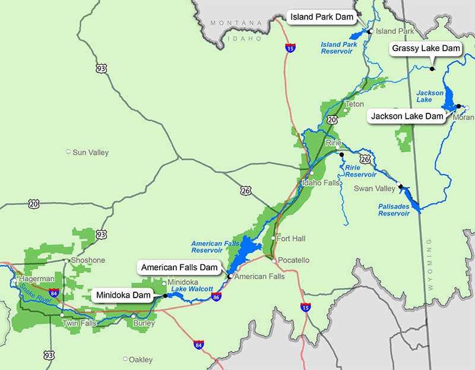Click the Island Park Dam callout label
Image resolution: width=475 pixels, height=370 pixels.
[x=321, y=17]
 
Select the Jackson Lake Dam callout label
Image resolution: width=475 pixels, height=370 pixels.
[x=407, y=116]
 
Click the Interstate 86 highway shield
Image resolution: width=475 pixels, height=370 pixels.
[x=217, y=296]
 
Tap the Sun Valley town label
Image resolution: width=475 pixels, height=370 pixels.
[x=90, y=153]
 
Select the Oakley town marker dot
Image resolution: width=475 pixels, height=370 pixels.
[x=125, y=359]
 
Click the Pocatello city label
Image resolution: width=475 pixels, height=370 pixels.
[x=294, y=260]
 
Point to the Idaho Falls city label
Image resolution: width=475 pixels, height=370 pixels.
[x=321, y=182]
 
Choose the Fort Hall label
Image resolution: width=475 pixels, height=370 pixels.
[x=291, y=238]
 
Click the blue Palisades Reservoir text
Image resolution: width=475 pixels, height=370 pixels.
[x=394, y=210]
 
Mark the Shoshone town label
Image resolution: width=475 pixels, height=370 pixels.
[x=88, y=260]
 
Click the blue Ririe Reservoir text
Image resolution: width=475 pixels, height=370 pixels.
[x=360, y=171]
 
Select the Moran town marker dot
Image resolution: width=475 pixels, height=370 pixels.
[x=467, y=107]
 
